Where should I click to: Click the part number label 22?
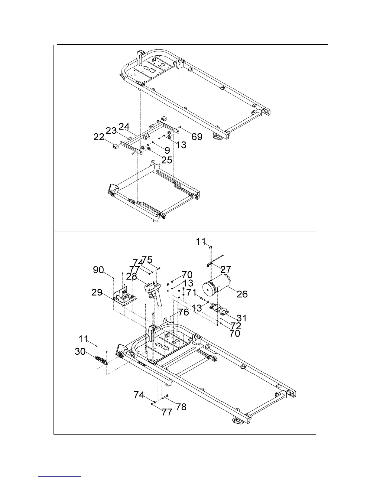(x=99, y=137)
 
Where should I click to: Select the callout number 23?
(x=111, y=131)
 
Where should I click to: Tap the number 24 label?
(x=124, y=126)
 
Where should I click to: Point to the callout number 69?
(x=197, y=137)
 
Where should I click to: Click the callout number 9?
(x=167, y=150)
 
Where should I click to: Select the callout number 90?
(x=99, y=270)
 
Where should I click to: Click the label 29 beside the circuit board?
(x=97, y=292)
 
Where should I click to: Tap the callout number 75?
(x=147, y=260)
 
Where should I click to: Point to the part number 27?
(x=226, y=269)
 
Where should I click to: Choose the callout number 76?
(x=183, y=312)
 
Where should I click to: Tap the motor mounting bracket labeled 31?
(x=219, y=309)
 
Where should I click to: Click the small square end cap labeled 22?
(x=115, y=146)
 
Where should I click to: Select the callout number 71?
(x=191, y=292)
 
